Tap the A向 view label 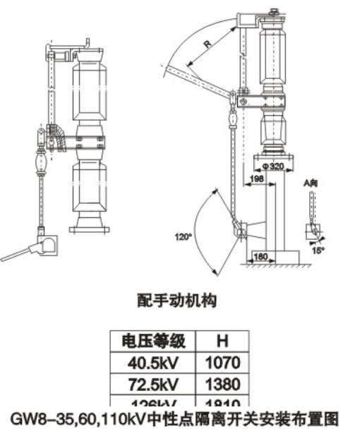tap(311, 183)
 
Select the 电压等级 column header tap(154, 341)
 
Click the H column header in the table tap(222, 341)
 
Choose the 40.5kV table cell tap(154, 363)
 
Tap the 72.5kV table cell tap(154, 384)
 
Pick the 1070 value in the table tap(222, 363)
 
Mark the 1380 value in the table tap(222, 384)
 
